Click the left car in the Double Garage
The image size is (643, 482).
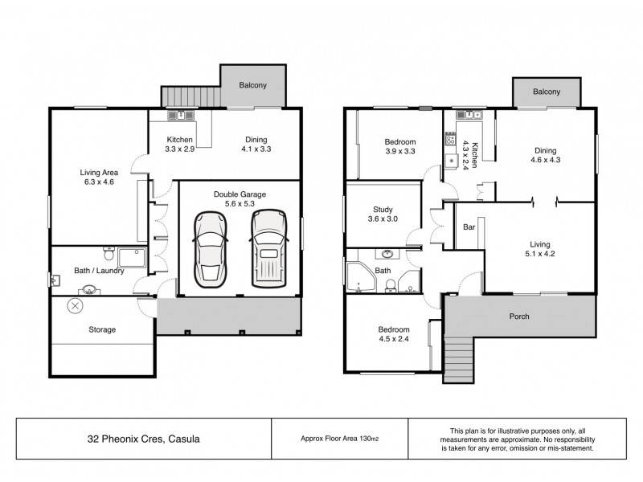(210, 250)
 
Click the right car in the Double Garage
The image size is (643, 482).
(268, 249)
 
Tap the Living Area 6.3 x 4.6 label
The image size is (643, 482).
(99, 177)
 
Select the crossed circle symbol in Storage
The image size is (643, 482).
(75, 306)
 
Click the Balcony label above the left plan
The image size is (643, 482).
(252, 85)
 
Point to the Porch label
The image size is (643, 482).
(519, 317)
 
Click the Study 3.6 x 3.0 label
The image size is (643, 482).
(383, 214)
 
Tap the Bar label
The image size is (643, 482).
(469, 227)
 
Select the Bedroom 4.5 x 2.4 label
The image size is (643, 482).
(394, 334)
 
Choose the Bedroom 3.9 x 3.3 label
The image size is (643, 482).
(399, 146)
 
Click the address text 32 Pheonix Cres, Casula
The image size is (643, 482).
(144, 439)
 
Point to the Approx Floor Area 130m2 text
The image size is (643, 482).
(339, 439)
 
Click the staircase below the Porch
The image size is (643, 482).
(458, 360)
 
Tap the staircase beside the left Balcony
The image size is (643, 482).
(191, 96)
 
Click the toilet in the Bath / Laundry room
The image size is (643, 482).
(109, 254)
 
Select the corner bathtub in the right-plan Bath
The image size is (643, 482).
(361, 277)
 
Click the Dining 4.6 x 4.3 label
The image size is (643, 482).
(546, 155)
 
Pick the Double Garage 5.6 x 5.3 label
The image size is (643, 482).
(240, 198)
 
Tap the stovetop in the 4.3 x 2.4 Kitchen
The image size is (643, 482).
(451, 138)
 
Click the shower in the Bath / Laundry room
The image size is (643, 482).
(132, 258)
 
